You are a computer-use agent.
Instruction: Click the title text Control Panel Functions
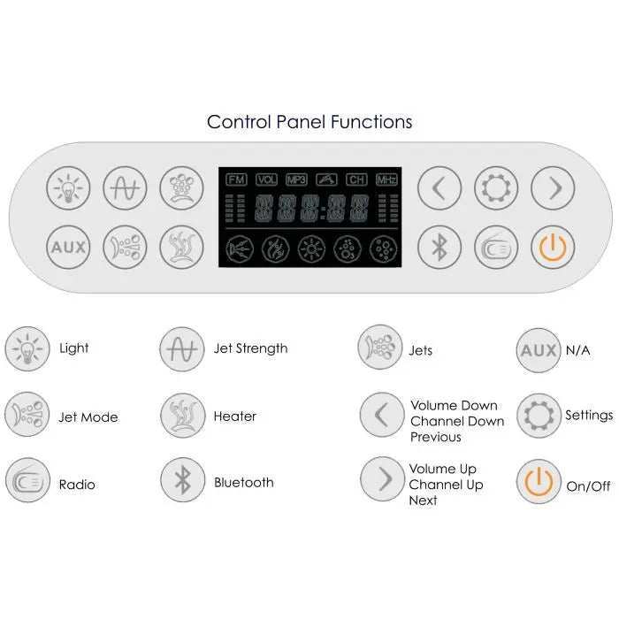coord(309,121)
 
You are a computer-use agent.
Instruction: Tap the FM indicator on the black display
coord(236,179)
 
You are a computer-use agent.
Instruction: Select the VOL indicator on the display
coord(266,179)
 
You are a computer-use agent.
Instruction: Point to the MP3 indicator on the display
coord(296,179)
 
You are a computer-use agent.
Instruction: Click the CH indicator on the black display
coord(356,179)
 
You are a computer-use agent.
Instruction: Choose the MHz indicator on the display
coord(386,179)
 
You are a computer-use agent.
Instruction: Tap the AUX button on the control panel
coord(68,247)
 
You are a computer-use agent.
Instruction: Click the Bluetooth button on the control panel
coord(439,247)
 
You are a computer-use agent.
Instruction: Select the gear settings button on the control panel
coord(496,188)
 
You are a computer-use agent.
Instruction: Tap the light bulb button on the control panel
coord(68,188)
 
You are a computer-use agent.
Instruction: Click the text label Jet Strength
coord(250,348)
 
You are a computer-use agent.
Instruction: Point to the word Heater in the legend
coord(235,416)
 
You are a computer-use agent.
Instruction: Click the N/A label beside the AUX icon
coord(577,350)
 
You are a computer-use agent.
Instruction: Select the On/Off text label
coord(588,485)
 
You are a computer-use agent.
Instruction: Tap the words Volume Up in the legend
coord(442,469)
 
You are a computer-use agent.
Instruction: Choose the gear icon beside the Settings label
coord(539,416)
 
